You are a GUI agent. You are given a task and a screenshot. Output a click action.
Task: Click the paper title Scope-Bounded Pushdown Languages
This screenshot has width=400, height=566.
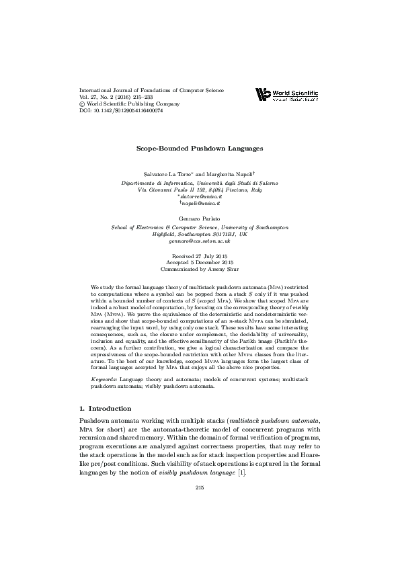[x=200, y=147]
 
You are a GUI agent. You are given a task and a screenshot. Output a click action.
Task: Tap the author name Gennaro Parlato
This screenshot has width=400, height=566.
[x=200, y=219]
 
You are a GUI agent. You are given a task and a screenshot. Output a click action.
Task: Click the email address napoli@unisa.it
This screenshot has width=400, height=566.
[x=200, y=202]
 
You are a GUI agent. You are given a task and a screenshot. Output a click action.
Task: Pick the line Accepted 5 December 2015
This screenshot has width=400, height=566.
[x=200, y=264]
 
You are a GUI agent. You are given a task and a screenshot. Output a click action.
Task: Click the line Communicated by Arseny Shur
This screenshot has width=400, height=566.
[x=200, y=270]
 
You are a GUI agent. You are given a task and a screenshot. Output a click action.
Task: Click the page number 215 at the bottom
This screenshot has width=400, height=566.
[x=200, y=487]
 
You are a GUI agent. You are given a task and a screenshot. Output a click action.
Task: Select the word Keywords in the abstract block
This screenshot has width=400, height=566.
[x=104, y=380]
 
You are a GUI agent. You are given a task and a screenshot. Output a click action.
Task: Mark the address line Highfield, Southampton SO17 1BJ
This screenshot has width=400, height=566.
[x=200, y=233]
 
